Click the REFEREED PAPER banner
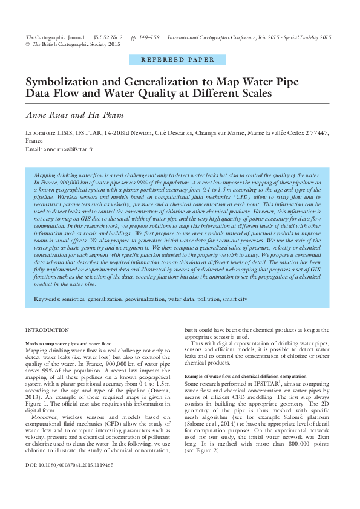pyautogui.click(x=177, y=60)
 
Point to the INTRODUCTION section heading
pyautogui.click(x=47, y=330)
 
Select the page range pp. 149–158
pyautogui.click(x=145, y=37)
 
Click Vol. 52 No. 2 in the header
pyautogui.click(x=108, y=37)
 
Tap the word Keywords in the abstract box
pyautogui.click(x=47, y=299)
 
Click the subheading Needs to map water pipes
pyautogui.click(x=68, y=343)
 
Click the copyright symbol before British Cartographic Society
pyautogui.click(x=27, y=45)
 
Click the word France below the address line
pyautogui.click(x=34, y=140)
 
